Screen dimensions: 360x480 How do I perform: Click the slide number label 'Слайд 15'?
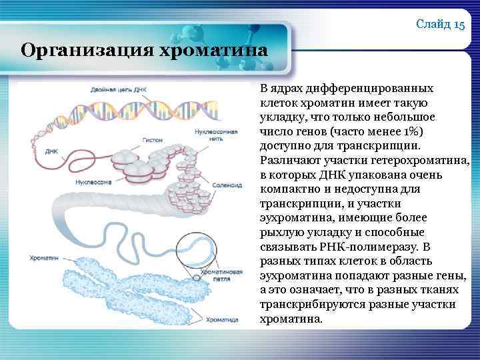coord(440,25)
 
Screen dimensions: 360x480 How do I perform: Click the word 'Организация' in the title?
coord(71,51)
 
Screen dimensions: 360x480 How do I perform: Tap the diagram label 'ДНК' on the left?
coord(51,151)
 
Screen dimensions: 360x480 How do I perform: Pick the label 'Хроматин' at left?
coord(43,257)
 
